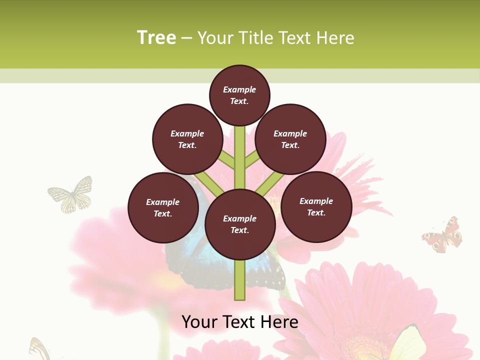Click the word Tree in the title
click(156, 38)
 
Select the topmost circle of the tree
click(239, 95)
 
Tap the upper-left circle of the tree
click(187, 139)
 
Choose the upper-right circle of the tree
click(290, 139)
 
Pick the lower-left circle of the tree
click(162, 207)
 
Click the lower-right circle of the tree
click(316, 206)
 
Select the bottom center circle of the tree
click(239, 224)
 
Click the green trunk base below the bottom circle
click(239, 280)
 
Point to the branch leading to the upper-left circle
click(226, 159)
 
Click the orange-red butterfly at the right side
click(442, 235)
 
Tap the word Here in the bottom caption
click(280, 322)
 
